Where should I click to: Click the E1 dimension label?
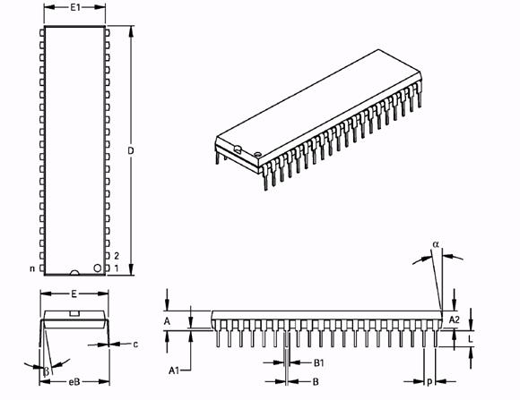click(x=75, y=7)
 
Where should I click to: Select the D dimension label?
click(x=131, y=151)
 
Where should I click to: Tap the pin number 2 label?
click(x=117, y=256)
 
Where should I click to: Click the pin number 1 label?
click(x=117, y=268)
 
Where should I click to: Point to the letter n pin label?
click(x=32, y=268)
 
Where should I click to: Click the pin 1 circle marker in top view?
click(x=98, y=268)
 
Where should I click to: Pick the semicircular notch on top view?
click(x=74, y=273)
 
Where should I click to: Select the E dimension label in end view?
click(x=74, y=294)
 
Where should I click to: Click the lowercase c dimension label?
click(x=135, y=345)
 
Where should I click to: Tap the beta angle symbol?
click(x=46, y=371)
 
